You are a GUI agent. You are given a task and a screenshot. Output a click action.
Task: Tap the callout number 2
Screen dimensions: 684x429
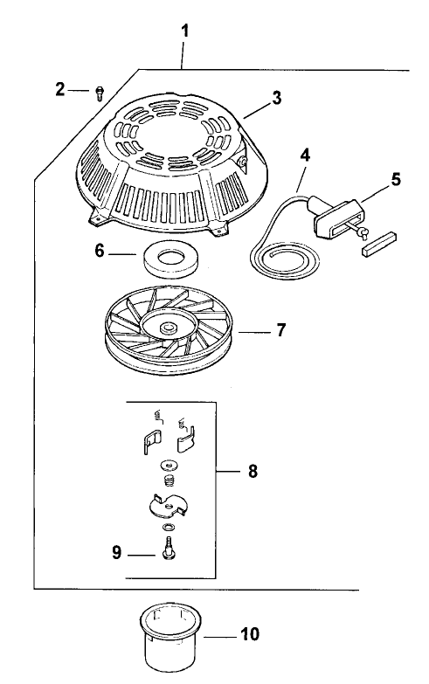pos(60,89)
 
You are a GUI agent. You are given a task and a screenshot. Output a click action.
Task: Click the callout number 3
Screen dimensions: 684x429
pos(276,98)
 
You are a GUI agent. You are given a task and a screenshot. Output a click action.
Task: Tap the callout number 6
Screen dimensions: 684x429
pos(100,250)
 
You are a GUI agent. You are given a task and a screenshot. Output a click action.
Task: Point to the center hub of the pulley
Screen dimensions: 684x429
pos(163,327)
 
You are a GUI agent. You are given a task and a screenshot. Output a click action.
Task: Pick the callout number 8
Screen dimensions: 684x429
pos(252,471)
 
